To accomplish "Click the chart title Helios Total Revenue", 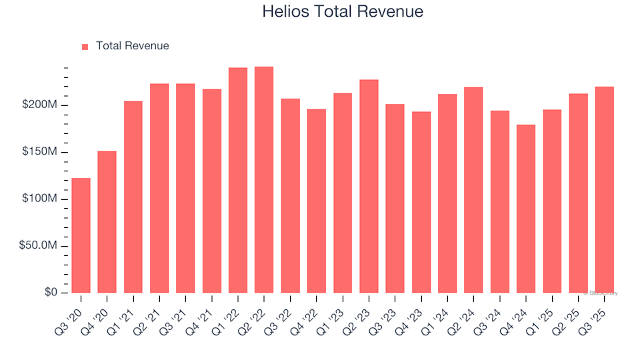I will point(343,12).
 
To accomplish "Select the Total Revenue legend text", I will point(132,46).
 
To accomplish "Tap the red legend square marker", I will point(85,47).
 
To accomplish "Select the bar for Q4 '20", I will point(107,222).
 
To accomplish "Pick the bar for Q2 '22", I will point(264,180).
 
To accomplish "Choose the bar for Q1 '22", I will point(238,180).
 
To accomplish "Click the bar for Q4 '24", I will point(526,209).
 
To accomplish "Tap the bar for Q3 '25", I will point(605,190).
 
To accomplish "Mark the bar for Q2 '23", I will point(369,186).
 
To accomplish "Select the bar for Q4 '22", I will point(317,201).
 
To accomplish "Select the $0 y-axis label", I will point(52,293).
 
